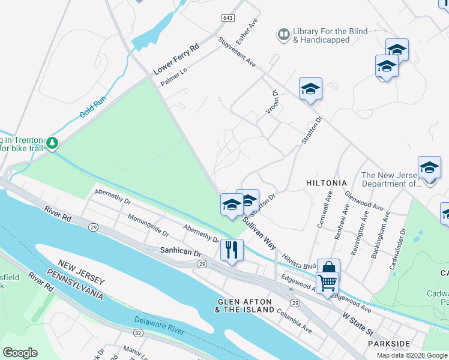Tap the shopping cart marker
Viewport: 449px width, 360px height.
327,281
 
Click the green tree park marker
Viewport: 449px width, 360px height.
53,143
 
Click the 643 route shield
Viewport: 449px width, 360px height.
227,19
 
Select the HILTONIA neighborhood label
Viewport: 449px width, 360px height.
327,182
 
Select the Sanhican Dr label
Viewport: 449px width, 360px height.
180,254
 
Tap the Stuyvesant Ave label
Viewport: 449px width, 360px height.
237,53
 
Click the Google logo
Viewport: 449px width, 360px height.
20,353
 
